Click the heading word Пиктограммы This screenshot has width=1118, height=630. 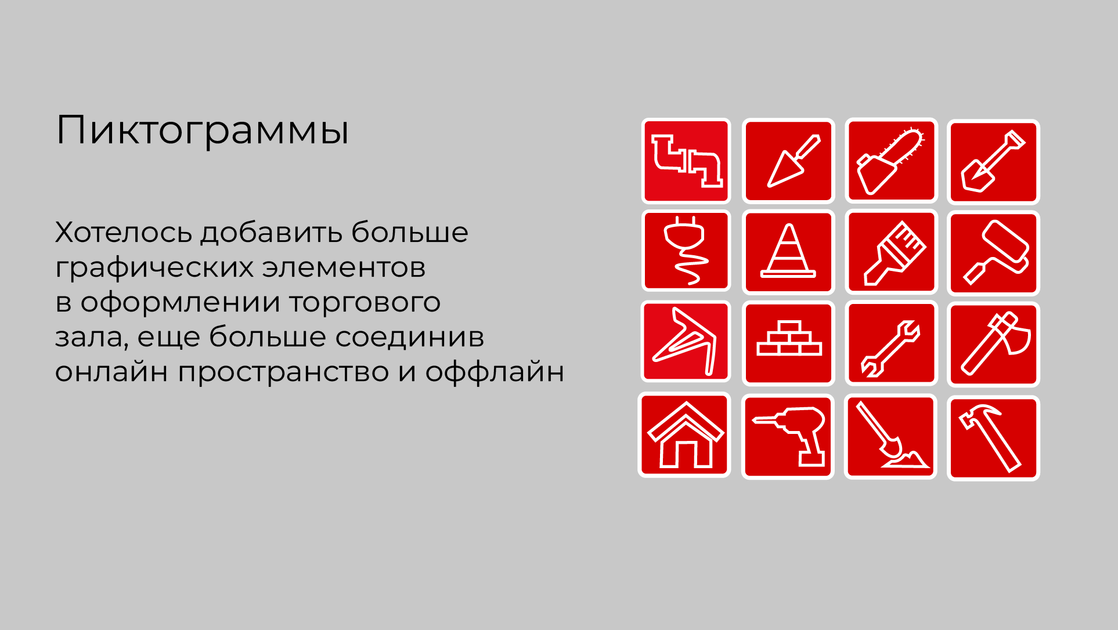tap(202, 131)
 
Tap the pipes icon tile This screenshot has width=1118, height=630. tap(686, 161)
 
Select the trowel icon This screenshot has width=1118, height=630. tap(788, 161)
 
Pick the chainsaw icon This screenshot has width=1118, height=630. tap(891, 161)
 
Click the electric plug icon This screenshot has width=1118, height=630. tap(686, 251)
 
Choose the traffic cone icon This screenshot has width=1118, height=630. tap(788, 252)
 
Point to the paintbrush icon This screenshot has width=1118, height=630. tap(891, 252)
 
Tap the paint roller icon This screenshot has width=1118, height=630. tap(993, 253)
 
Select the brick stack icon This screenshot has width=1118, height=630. tap(788, 343)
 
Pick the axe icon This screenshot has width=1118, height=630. tap(993, 344)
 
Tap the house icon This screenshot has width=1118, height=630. tap(685, 435)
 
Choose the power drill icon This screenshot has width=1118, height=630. tap(788, 436)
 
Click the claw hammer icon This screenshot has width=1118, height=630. tap(993, 438)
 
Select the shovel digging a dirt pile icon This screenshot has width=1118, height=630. tap(891, 436)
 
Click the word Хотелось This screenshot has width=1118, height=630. tap(123, 232)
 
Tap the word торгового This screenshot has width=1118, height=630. tap(365, 302)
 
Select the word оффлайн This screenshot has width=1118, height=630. tap(495, 372)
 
